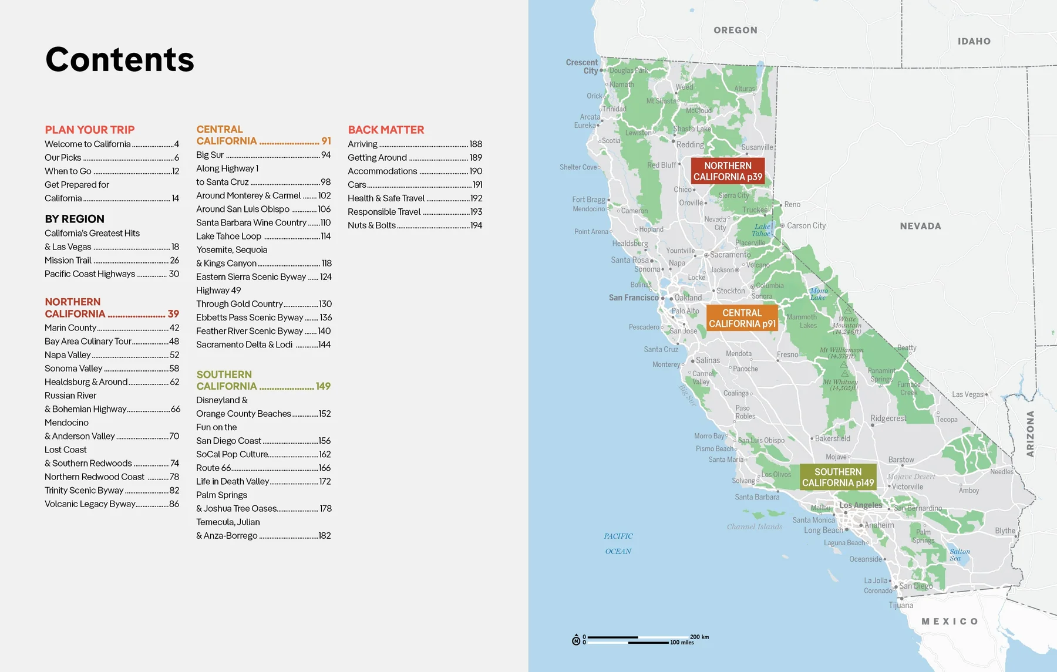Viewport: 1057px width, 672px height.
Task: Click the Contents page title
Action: pyautogui.click(x=120, y=60)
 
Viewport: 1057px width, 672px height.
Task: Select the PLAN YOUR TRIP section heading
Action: pyautogui.click(x=90, y=130)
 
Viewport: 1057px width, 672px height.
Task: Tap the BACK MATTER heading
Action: pyautogui.click(x=386, y=130)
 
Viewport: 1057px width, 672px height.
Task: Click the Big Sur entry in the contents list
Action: pyautogui.click(x=210, y=155)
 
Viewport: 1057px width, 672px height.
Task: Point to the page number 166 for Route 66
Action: pyautogui.click(x=325, y=468)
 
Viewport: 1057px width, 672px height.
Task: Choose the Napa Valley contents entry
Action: pyautogui.click(x=68, y=354)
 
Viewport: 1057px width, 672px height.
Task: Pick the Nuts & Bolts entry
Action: pyautogui.click(x=372, y=225)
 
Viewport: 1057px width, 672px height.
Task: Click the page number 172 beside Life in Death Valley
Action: pyautogui.click(x=325, y=481)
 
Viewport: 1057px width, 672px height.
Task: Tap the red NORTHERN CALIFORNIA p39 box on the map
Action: pyautogui.click(x=728, y=171)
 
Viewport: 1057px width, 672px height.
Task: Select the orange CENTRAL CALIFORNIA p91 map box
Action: pyautogui.click(x=742, y=318)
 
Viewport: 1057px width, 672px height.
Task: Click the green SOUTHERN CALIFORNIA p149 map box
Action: pyautogui.click(x=838, y=477)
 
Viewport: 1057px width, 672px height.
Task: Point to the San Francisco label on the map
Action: pyautogui.click(x=634, y=298)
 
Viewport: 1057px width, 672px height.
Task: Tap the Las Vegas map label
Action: pyautogui.click(x=967, y=394)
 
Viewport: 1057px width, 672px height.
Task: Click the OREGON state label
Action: pyautogui.click(x=735, y=31)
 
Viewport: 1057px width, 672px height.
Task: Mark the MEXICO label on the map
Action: pyautogui.click(x=950, y=622)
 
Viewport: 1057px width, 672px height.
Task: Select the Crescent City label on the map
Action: pyautogui.click(x=582, y=66)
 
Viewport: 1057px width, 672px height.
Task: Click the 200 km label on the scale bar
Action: pyautogui.click(x=699, y=637)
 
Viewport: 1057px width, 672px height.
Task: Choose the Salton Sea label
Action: pyautogui.click(x=960, y=555)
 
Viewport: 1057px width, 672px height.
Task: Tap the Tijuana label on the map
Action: pyautogui.click(x=901, y=605)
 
